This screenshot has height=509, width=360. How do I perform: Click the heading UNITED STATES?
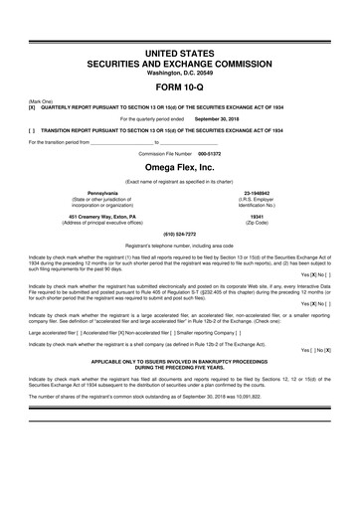point(180,50)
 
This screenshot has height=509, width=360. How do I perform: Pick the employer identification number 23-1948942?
point(258,192)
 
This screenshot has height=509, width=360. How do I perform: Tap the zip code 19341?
point(258,216)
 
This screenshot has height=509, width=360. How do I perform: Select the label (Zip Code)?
point(258,222)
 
